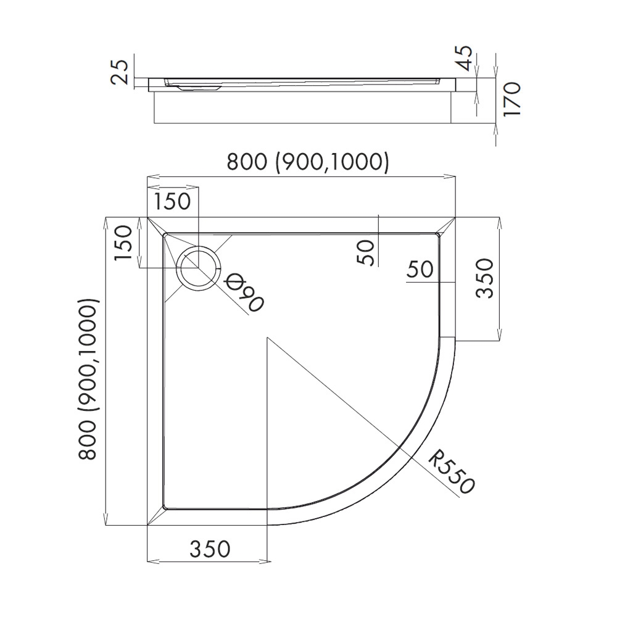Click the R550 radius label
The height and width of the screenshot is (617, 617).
coord(452,473)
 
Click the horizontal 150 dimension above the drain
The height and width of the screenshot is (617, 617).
coord(172,202)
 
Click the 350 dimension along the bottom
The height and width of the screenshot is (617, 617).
coord(209,548)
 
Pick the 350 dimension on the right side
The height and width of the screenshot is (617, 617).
coord(486,278)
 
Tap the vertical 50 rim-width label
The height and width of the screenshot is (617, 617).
coord(366,252)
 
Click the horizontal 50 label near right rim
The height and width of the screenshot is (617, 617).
coord(420,269)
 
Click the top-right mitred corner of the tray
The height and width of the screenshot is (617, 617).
coord(447,225)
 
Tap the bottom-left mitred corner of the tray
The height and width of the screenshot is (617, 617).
coord(155,516)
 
